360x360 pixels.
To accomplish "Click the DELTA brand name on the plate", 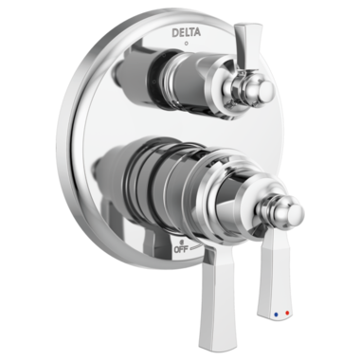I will (185, 32).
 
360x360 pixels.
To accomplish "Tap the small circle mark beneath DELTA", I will (185, 45).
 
